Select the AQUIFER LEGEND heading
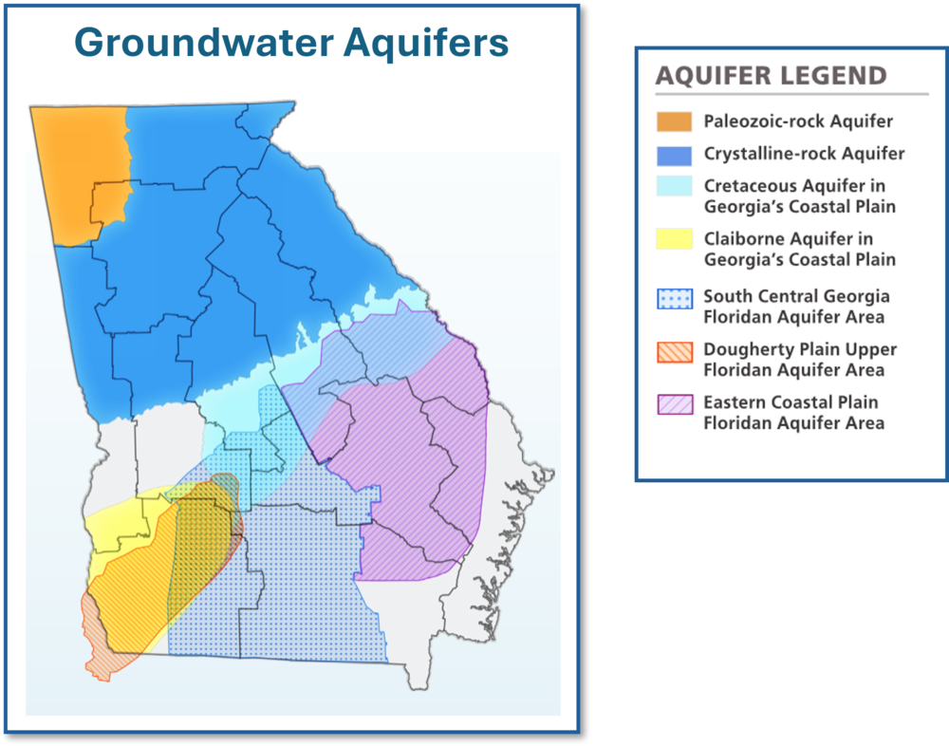771,76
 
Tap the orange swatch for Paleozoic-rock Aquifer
674,121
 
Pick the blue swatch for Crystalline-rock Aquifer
674,154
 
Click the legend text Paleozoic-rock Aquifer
798,121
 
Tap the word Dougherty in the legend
744,349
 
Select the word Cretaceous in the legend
746,186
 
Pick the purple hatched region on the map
418,475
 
